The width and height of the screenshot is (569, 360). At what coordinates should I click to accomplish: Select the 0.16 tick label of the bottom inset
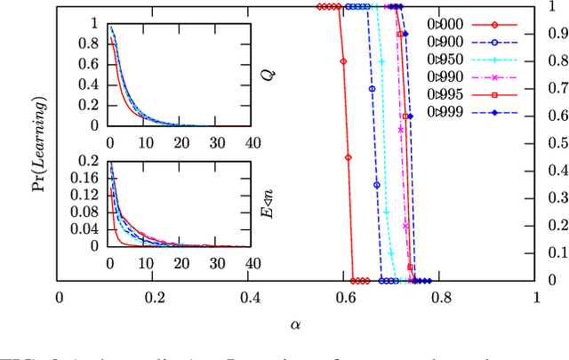coord(91,180)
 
